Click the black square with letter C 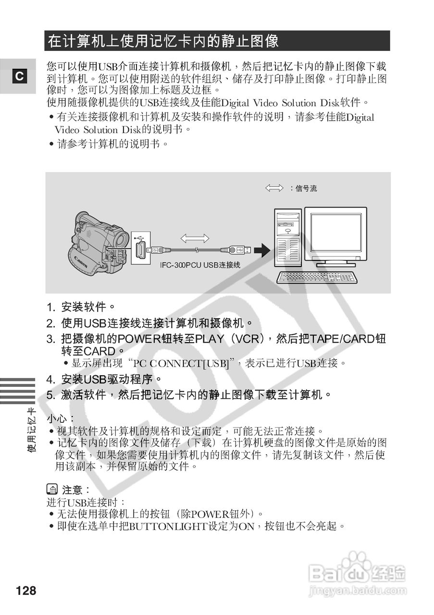coord(19,76)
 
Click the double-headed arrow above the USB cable coord(195,237)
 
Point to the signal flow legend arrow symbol coord(274,188)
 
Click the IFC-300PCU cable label coord(200,265)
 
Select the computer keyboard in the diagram coord(317,277)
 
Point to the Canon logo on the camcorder coord(80,262)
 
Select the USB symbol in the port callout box coord(140,237)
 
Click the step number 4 coord(50,380)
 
